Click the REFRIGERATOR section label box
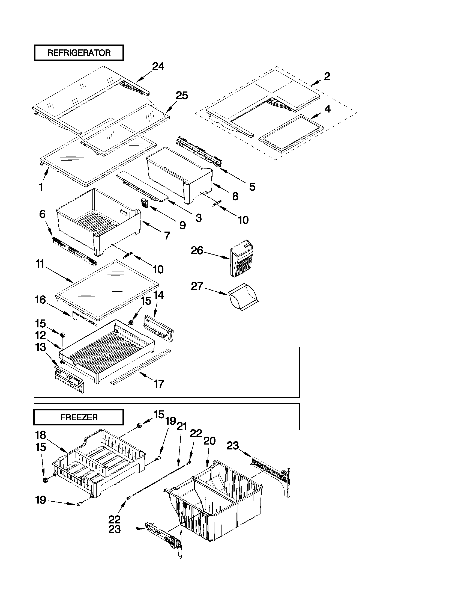(79, 53)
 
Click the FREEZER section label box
(79, 417)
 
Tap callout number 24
(158, 67)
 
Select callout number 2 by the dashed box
(327, 76)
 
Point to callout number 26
(197, 251)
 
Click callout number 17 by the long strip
(158, 384)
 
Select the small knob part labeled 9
(145, 203)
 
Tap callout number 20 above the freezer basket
(209, 441)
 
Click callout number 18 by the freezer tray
(41, 435)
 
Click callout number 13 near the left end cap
(40, 347)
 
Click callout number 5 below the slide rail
(252, 187)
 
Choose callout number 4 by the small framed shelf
(327, 109)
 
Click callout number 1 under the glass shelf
(41, 187)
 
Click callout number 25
(182, 96)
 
